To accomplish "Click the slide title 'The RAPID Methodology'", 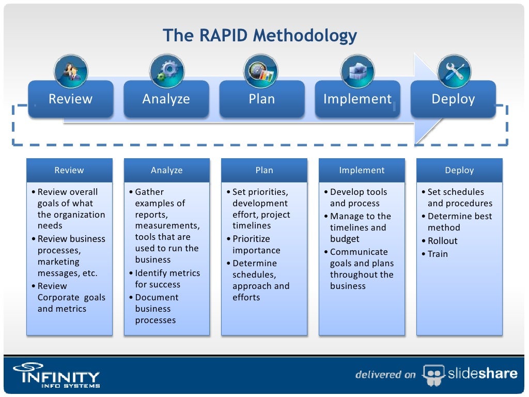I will pos(259,36).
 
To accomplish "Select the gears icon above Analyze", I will pos(166,71).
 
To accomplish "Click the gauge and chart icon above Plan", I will pos(261,71).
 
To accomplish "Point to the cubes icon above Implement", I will pos(357,71).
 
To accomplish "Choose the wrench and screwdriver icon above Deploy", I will pos(454,71).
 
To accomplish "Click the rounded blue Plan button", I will pos(261,99).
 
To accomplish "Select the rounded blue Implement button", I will pos(357,99).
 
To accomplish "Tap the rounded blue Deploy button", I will pos(453,99).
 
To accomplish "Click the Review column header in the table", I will pos(69,170).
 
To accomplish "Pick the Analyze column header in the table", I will pos(166,170).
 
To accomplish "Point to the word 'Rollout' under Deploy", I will pos(442,241).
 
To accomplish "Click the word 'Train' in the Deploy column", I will pos(438,254).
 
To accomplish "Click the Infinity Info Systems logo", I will pos(56,374).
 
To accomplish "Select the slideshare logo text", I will pos(483,373).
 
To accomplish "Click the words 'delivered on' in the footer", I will pos(385,374).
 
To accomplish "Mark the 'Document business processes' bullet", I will pos(157,309).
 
